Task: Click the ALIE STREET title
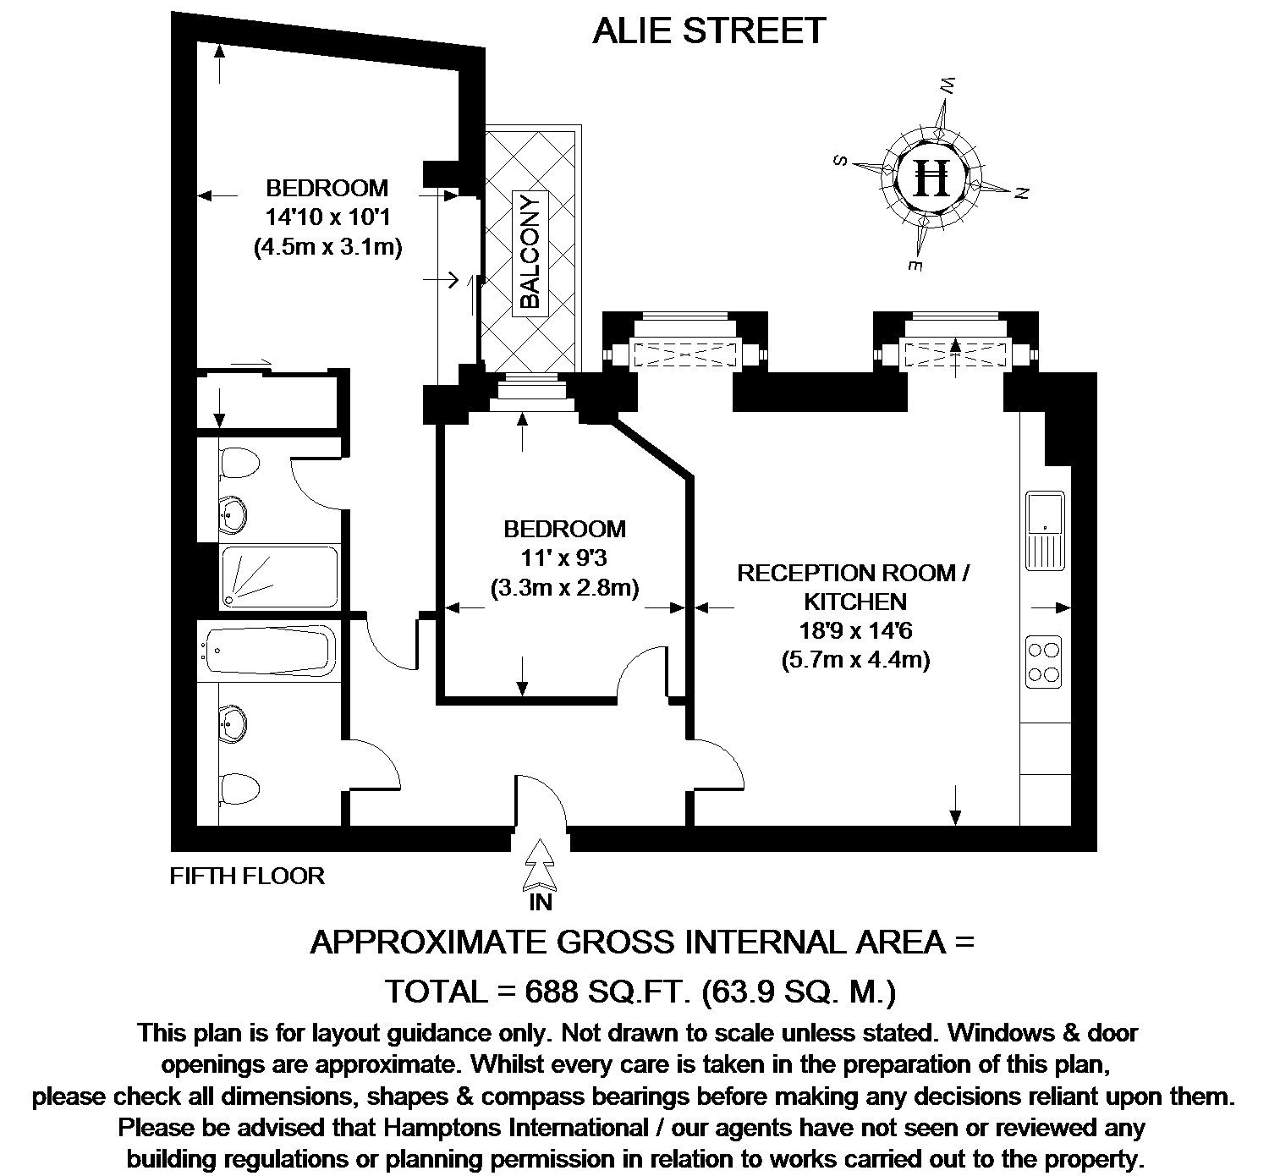click(709, 30)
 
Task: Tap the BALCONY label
click(530, 253)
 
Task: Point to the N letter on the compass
click(1022, 192)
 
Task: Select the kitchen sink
click(1045, 530)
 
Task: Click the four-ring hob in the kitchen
click(1043, 662)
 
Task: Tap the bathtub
click(269, 650)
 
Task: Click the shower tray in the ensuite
click(280, 576)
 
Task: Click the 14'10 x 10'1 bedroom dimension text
click(327, 217)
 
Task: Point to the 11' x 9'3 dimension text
click(564, 558)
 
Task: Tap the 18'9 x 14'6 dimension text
click(855, 631)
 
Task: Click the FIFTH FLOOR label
click(247, 876)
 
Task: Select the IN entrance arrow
click(541, 866)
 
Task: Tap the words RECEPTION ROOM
click(847, 574)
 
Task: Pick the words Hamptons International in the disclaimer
click(516, 1128)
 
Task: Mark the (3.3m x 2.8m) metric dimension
click(565, 587)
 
